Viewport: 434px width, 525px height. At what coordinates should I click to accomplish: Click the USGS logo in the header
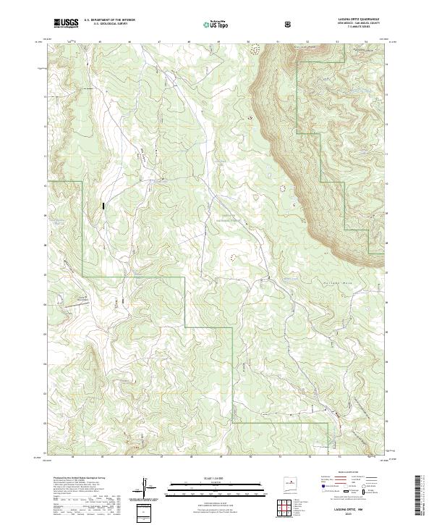pos(66,23)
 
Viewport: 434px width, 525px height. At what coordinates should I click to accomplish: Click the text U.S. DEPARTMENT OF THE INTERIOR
pos(109,20)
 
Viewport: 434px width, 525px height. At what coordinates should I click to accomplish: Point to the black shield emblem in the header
pos(290,24)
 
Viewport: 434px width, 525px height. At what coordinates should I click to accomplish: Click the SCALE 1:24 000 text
pos(203,477)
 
